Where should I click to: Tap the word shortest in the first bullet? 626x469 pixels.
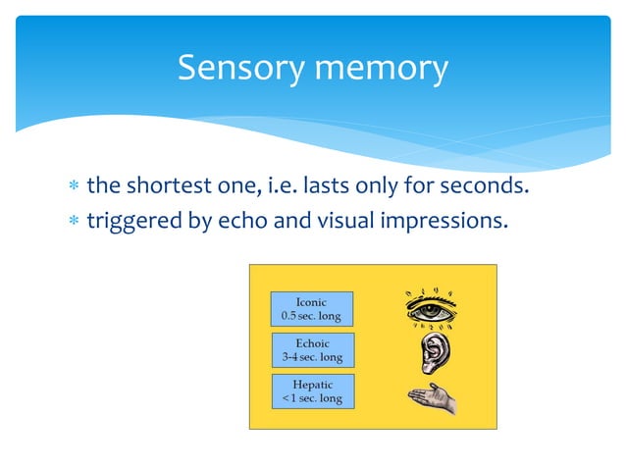(x=173, y=185)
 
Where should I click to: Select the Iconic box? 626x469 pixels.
(x=311, y=308)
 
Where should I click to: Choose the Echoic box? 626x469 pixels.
(x=311, y=350)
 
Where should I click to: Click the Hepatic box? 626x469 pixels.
(x=311, y=391)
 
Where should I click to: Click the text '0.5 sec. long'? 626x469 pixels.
(x=311, y=316)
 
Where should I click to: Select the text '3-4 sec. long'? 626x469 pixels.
(x=311, y=357)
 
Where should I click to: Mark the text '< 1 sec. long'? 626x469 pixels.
(x=311, y=398)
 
